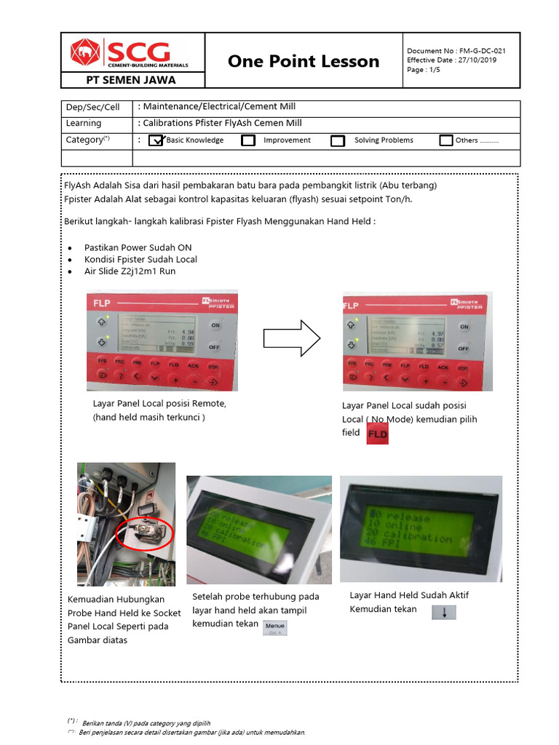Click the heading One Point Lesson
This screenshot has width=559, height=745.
coord(304,61)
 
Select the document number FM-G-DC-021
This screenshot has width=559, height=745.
coord(456,50)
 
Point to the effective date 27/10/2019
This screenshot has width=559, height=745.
coord(451,60)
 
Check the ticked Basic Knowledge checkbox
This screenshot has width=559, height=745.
coord(156,140)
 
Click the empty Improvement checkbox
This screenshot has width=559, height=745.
coord(248,140)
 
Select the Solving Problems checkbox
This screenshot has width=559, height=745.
coord(338,140)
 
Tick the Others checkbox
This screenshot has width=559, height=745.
coord(446,140)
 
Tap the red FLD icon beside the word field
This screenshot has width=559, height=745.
coord(377,434)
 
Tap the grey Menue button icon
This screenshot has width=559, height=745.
coord(275,627)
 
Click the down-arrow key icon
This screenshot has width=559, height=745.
coord(443,612)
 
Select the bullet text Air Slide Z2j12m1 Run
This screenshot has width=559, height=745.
coord(130,271)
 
